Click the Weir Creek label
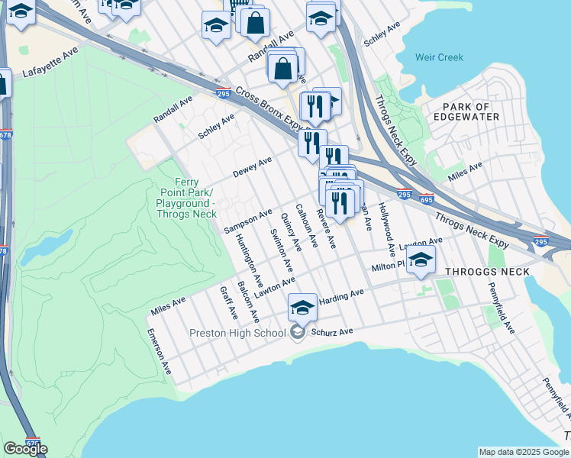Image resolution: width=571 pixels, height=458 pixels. [440, 58]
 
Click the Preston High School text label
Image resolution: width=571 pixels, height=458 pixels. [237, 333]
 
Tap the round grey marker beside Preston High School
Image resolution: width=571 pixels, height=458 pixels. [298, 332]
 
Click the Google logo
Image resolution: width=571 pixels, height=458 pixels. [25, 449]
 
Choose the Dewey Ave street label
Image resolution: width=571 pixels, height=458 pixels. [253, 167]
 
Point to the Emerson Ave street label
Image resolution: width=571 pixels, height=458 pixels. [159, 356]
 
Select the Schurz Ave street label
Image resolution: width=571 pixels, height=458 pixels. [336, 332]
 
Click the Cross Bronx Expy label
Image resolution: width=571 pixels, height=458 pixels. [268, 108]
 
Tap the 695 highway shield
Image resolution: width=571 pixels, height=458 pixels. [426, 200]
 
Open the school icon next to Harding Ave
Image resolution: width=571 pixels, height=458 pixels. [302, 307]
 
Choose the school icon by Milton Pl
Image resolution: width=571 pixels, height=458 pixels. [420, 260]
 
